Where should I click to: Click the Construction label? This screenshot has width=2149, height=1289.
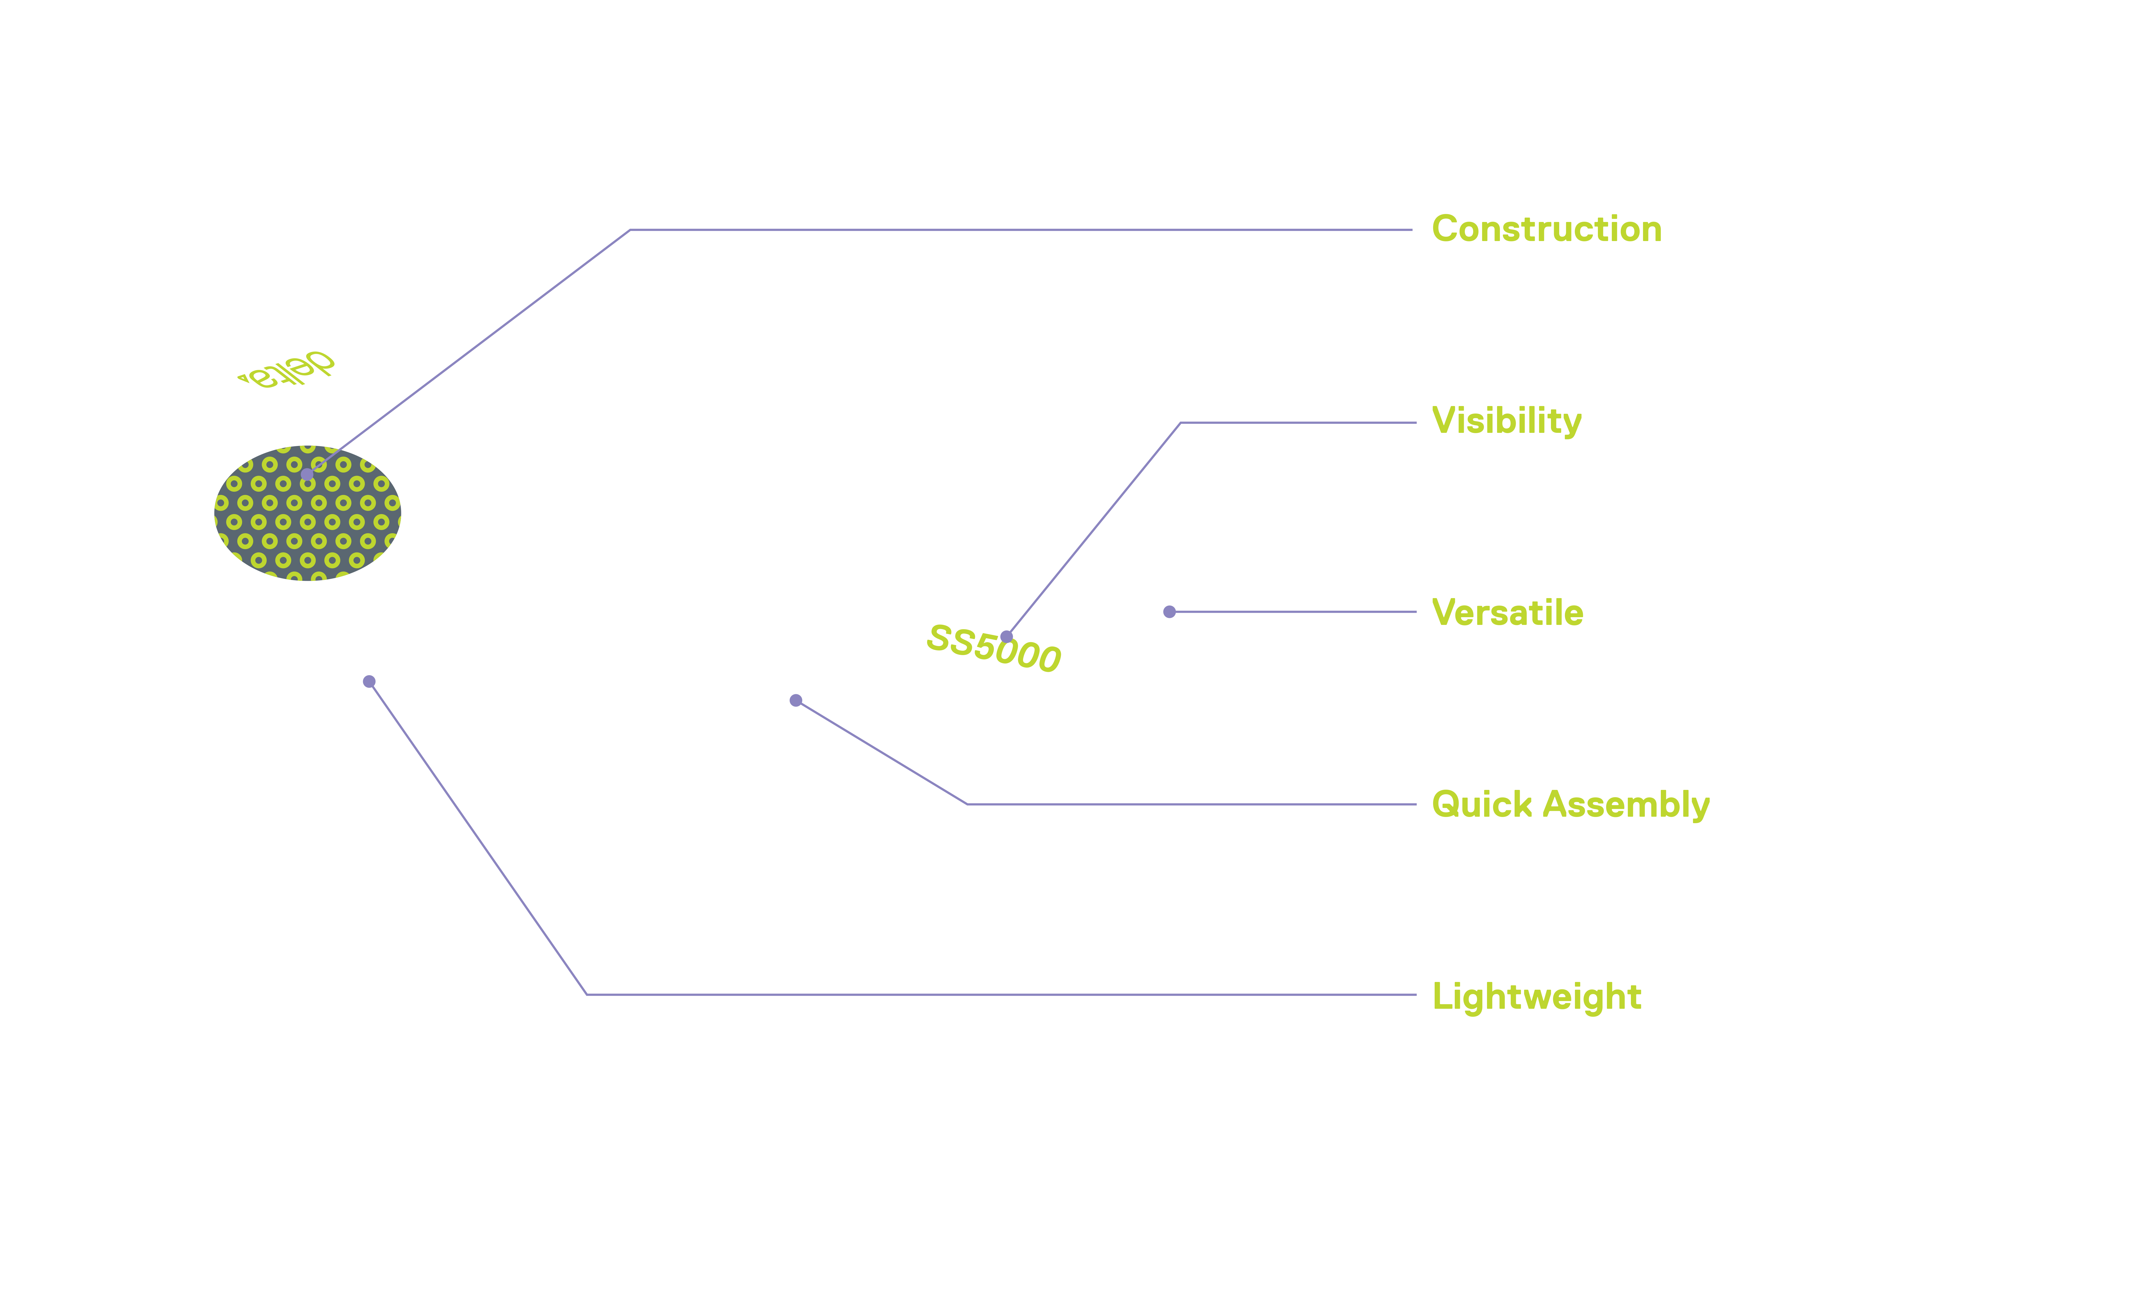pyautogui.click(x=1546, y=229)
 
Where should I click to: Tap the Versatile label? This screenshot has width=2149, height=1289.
pyautogui.click(x=1507, y=612)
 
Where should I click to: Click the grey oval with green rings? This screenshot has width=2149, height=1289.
pyautogui.click(x=307, y=513)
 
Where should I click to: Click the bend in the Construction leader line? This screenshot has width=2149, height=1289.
pyautogui.click(x=630, y=230)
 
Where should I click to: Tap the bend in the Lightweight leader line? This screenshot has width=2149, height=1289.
pyautogui.click(x=587, y=995)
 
